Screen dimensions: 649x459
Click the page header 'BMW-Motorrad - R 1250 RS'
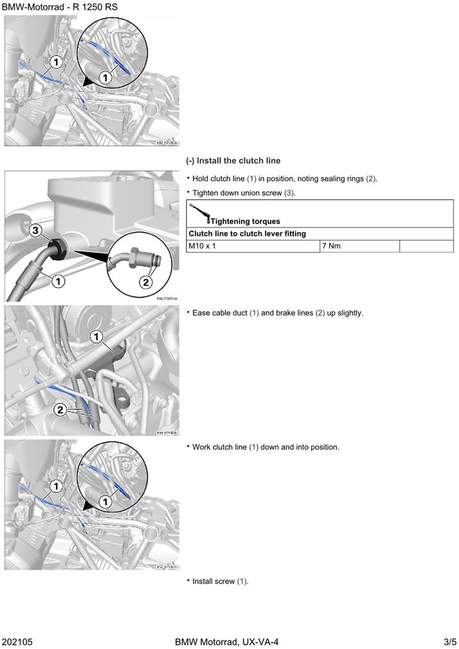point(55,7)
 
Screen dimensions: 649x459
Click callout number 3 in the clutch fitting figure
point(36,230)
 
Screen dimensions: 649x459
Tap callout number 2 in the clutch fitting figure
point(147,281)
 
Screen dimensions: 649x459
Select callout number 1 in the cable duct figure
point(96,336)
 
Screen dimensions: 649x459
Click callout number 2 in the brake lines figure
point(59,409)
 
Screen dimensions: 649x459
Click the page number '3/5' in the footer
point(449,641)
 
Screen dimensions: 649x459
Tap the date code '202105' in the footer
point(17,641)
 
